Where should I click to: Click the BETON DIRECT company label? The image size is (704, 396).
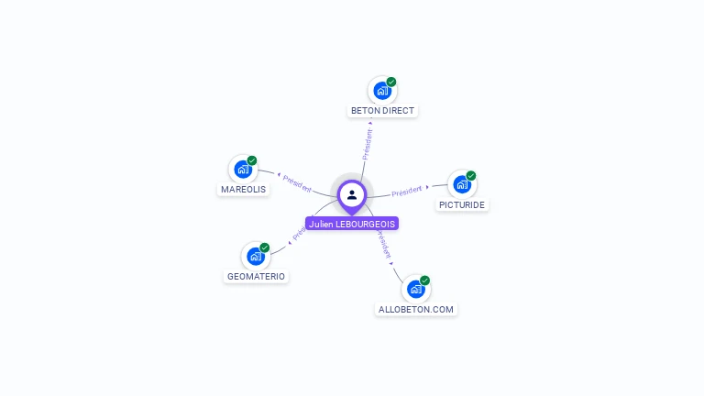(382, 111)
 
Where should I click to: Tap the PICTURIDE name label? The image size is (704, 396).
(461, 205)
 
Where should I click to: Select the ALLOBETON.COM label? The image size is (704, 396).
(416, 310)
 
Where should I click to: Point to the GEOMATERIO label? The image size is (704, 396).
(256, 277)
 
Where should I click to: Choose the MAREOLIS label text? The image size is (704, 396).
(243, 190)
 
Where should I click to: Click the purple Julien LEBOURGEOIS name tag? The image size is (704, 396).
(352, 224)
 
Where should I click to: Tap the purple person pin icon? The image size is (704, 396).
(352, 194)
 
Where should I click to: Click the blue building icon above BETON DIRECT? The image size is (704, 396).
(381, 91)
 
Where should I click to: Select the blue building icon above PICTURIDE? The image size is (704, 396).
(461, 184)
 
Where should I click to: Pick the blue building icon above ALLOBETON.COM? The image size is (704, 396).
(415, 289)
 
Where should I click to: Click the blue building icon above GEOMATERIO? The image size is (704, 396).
(255, 257)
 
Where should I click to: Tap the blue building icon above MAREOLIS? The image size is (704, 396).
(242, 170)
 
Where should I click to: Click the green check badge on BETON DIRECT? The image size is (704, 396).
(391, 82)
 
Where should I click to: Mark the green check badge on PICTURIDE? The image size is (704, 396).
(471, 176)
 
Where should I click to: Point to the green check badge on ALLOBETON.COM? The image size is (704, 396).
(425, 280)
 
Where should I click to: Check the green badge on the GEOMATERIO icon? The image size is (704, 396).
(265, 247)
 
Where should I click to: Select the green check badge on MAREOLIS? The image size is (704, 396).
(252, 160)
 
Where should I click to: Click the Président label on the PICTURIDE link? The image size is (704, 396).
(407, 191)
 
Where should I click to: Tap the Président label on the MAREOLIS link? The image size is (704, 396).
(297, 182)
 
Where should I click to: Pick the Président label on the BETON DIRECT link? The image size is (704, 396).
(368, 145)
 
